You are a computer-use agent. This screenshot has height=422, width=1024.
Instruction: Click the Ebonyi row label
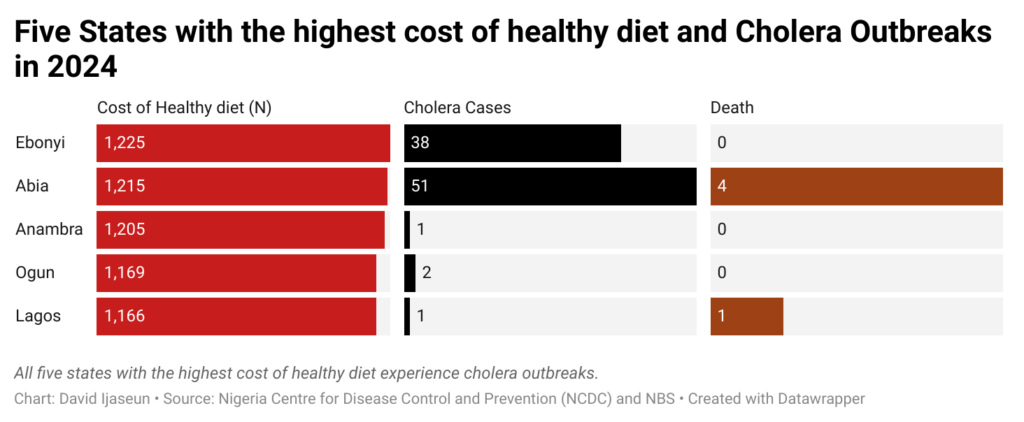40,143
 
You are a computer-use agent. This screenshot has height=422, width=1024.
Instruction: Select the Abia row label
33,186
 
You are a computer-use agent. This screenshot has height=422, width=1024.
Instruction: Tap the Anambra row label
49,230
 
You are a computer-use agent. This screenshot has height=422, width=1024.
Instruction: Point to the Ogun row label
35,273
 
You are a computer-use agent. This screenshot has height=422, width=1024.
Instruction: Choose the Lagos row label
38,316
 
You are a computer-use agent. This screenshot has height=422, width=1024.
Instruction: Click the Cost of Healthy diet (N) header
184,107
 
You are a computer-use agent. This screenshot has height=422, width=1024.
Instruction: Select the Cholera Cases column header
458,107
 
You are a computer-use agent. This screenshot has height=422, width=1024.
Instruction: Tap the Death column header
732,107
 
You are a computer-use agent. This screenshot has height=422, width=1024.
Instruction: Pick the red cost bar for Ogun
236,273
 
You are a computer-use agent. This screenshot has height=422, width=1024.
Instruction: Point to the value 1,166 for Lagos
125,316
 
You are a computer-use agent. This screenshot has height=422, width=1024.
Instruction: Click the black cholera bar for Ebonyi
512,143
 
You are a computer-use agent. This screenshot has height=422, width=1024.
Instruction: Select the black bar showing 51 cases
550,186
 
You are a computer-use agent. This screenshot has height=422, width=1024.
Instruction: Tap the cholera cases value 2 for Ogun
427,273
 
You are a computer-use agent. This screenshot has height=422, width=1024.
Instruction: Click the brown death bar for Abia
856,186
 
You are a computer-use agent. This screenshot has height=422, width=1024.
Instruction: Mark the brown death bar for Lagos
747,316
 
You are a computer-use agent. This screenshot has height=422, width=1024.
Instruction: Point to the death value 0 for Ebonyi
722,143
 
